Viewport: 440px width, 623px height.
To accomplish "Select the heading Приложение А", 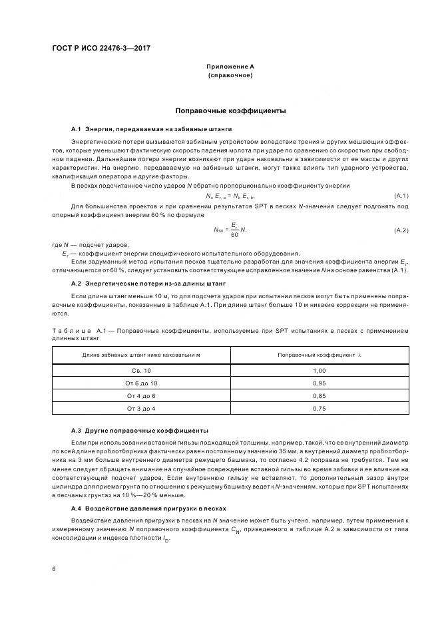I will [230, 67].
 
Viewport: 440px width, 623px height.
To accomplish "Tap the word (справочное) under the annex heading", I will [230, 75].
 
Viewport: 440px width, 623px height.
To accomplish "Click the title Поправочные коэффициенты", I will [230, 110].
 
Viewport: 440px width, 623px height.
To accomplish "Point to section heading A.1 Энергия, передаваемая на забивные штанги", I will [152, 128].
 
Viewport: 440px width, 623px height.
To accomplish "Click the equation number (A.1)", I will [401, 194].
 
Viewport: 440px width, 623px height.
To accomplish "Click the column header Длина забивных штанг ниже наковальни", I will [141, 355].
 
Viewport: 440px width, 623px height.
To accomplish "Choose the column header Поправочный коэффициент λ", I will [319, 355].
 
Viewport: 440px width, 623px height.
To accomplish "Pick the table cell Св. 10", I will [141, 370].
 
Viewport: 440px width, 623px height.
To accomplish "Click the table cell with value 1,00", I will [319, 370].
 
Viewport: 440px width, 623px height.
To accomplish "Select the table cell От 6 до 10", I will [141, 383].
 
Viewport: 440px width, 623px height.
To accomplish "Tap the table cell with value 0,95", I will [319, 383].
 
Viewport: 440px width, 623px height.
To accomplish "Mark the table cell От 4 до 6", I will [141, 396].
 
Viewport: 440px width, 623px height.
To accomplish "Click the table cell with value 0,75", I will [319, 408].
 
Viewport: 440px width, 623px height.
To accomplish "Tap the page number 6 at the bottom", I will [54, 569].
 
